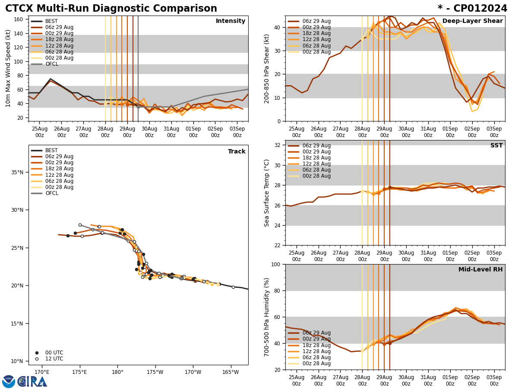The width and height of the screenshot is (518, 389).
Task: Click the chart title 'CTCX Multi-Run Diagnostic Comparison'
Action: click(111, 9)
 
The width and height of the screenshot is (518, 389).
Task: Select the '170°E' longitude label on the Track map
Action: click(42, 372)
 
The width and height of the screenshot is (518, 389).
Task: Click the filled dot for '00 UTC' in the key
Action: click(37, 353)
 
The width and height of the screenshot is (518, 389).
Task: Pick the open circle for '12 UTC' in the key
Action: click(37, 359)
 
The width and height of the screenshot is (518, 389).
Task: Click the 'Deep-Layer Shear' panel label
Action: click(472, 21)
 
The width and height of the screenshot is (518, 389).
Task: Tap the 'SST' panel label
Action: click(496, 146)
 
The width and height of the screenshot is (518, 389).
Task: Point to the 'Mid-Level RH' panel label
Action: click(480, 270)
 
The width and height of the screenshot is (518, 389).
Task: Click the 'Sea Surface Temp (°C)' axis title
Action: click(267, 193)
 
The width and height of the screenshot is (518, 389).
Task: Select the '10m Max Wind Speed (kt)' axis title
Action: click(8, 68)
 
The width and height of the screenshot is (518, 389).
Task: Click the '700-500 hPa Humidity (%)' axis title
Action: click(267, 317)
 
